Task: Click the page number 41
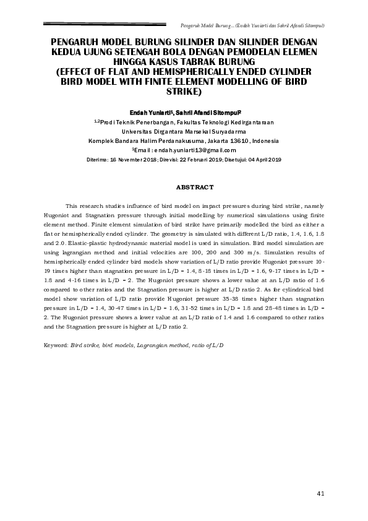click(x=320, y=493)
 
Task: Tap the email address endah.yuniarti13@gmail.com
click(x=186, y=150)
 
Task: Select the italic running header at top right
click(x=252, y=25)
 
